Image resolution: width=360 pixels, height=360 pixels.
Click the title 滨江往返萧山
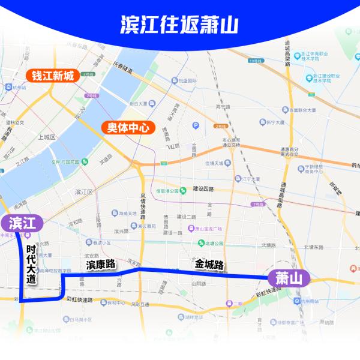tap(179, 25)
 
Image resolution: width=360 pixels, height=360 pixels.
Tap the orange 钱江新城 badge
tap(53, 76)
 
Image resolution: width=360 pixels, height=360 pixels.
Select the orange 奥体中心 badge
tap(128, 127)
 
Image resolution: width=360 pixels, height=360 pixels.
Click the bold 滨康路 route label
tap(100, 264)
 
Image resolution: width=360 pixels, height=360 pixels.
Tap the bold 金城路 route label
tap(208, 264)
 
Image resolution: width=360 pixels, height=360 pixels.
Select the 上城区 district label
tap(47, 137)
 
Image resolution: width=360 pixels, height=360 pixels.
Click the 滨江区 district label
tap(84, 192)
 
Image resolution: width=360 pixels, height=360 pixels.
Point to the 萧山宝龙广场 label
tap(206, 229)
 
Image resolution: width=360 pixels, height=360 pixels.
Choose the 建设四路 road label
tap(203, 188)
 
